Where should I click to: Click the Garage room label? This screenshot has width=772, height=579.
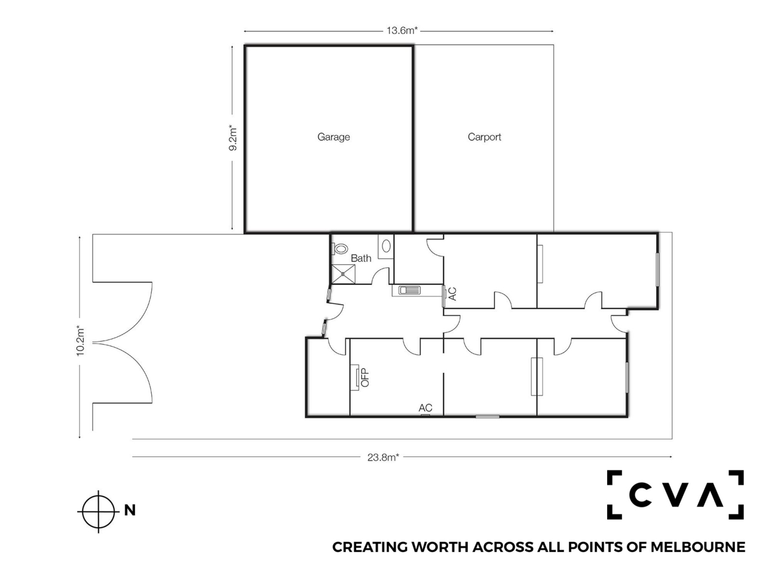pos(334,137)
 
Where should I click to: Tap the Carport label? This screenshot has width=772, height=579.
pos(484,137)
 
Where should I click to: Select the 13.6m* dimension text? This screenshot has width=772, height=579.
pos(402,30)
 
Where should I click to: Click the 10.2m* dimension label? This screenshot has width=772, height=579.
pos(81,341)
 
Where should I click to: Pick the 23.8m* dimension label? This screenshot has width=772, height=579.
pos(383,457)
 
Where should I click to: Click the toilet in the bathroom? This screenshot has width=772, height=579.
pos(339,249)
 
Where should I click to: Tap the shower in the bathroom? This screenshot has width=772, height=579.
pos(344,274)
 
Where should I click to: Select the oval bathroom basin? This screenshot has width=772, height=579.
pos(386,246)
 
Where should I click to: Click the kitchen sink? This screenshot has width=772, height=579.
pos(409,291)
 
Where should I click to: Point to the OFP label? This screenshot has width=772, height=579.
pos(366,377)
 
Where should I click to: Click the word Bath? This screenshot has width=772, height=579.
pos(361,259)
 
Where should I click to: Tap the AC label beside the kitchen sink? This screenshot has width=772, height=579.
pos(453,294)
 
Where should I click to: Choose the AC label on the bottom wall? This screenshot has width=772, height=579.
pos(425,408)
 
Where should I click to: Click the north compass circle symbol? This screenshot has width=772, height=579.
pos(99,511)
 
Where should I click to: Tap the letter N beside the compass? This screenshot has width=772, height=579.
pos(130,510)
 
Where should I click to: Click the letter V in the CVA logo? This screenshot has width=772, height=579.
pos(675,495)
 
